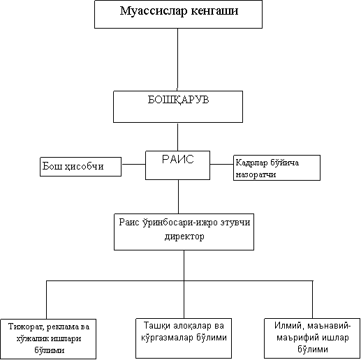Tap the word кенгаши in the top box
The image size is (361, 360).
pyautogui.click(x=215, y=11)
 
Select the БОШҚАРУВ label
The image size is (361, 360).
pyautogui.click(x=179, y=100)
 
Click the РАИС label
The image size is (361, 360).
pyautogui.click(x=178, y=159)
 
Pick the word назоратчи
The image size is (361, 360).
pyautogui.click(x=256, y=174)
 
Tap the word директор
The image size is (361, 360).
pyautogui.click(x=184, y=237)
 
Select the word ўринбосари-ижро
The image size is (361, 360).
pyautogui.click(x=180, y=223)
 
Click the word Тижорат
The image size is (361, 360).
pyautogui.click(x=26, y=327)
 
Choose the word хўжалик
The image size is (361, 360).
pyautogui.click(x=32, y=338)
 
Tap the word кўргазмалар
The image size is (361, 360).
pyautogui.click(x=167, y=337)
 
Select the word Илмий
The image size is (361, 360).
pyautogui.click(x=289, y=326)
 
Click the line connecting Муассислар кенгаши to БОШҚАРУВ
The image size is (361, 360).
pyautogui.click(x=177, y=59)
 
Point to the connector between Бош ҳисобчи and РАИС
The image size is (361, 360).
pyautogui.click(x=133, y=164)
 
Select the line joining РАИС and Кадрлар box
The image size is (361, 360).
pyautogui.click(x=221, y=164)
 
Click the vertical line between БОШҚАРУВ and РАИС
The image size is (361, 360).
pyautogui.click(x=177, y=137)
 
